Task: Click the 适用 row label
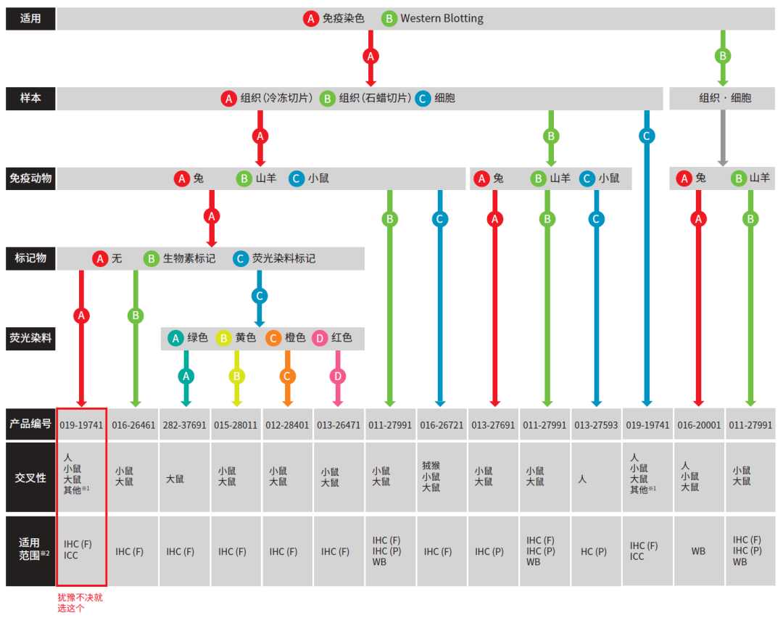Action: [30, 19]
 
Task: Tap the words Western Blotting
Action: [442, 19]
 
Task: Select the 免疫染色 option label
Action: [343, 19]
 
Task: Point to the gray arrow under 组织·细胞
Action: [722, 138]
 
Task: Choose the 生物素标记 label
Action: [188, 258]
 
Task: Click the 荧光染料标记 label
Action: [283, 258]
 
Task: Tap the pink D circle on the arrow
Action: [338, 376]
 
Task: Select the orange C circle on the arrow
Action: [287, 376]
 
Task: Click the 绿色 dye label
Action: [197, 338]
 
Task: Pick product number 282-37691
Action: [184, 425]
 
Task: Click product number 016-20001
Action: [699, 425]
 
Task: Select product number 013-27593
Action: [596, 425]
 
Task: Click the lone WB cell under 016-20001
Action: [698, 551]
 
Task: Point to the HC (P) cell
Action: [594, 551]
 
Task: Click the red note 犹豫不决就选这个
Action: [80, 603]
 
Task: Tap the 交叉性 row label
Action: [30, 477]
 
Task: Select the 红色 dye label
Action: [341, 338]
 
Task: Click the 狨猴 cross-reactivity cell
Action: [431, 477]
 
